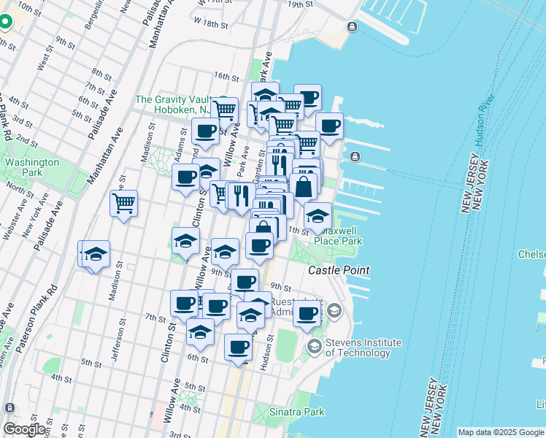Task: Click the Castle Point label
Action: pyautogui.click(x=339, y=270)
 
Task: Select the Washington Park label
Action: pyautogui.click(x=31, y=167)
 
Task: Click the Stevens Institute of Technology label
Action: pyautogui.click(x=363, y=347)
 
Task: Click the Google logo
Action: pyautogui.click(x=24, y=429)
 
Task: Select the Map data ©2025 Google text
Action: pyautogui.click(x=501, y=432)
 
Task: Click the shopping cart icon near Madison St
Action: pyautogui.click(x=124, y=202)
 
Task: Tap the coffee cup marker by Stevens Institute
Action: pyautogui.click(x=307, y=314)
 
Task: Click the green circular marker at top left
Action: pyautogui.click(x=4, y=22)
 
